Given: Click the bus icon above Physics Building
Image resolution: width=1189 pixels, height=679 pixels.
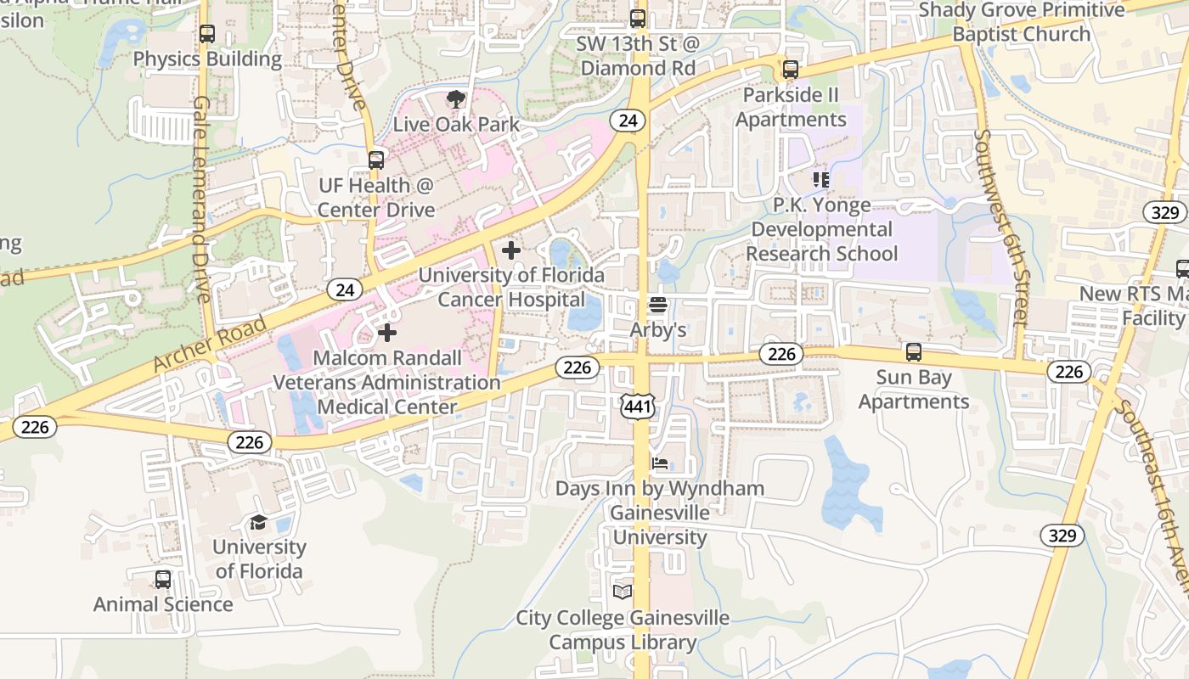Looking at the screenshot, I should click(x=206, y=34).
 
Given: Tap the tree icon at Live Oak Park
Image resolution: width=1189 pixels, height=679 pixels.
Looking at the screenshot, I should click(x=456, y=99).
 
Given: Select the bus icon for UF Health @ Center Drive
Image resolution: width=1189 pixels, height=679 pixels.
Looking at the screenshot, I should click(x=376, y=160).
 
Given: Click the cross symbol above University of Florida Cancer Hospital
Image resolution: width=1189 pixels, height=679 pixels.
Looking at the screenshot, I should click(x=511, y=250).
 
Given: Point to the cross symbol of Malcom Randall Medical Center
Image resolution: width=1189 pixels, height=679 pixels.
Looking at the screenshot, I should click(x=387, y=333).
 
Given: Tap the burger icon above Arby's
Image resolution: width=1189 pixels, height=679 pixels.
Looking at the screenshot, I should click(x=658, y=304).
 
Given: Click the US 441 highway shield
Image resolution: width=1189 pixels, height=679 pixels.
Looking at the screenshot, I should click(x=639, y=407).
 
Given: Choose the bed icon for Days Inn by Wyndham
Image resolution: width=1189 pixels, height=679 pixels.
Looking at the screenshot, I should click(x=660, y=463).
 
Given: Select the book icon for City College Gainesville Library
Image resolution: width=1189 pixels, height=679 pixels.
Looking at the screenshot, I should click(x=623, y=592).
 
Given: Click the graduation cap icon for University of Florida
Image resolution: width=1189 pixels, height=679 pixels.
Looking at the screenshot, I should click(x=258, y=522).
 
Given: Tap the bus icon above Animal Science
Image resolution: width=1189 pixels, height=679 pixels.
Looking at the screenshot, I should click(x=163, y=580).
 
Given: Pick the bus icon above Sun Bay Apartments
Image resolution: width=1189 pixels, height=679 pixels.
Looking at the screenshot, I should click(x=914, y=351).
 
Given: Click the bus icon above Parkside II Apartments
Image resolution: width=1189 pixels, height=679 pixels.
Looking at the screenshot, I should click(x=791, y=70).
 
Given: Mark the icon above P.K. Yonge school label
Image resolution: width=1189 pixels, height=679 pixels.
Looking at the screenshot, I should click(x=821, y=180).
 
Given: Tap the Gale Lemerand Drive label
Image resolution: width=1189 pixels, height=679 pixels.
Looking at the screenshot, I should click(x=201, y=199).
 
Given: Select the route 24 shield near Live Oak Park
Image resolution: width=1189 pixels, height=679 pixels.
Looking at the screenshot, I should click(x=628, y=121).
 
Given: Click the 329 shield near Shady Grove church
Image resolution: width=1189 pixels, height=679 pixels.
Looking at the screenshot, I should click(x=1165, y=212).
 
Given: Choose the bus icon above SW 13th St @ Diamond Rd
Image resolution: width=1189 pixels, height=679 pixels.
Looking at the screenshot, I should click(x=638, y=18).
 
